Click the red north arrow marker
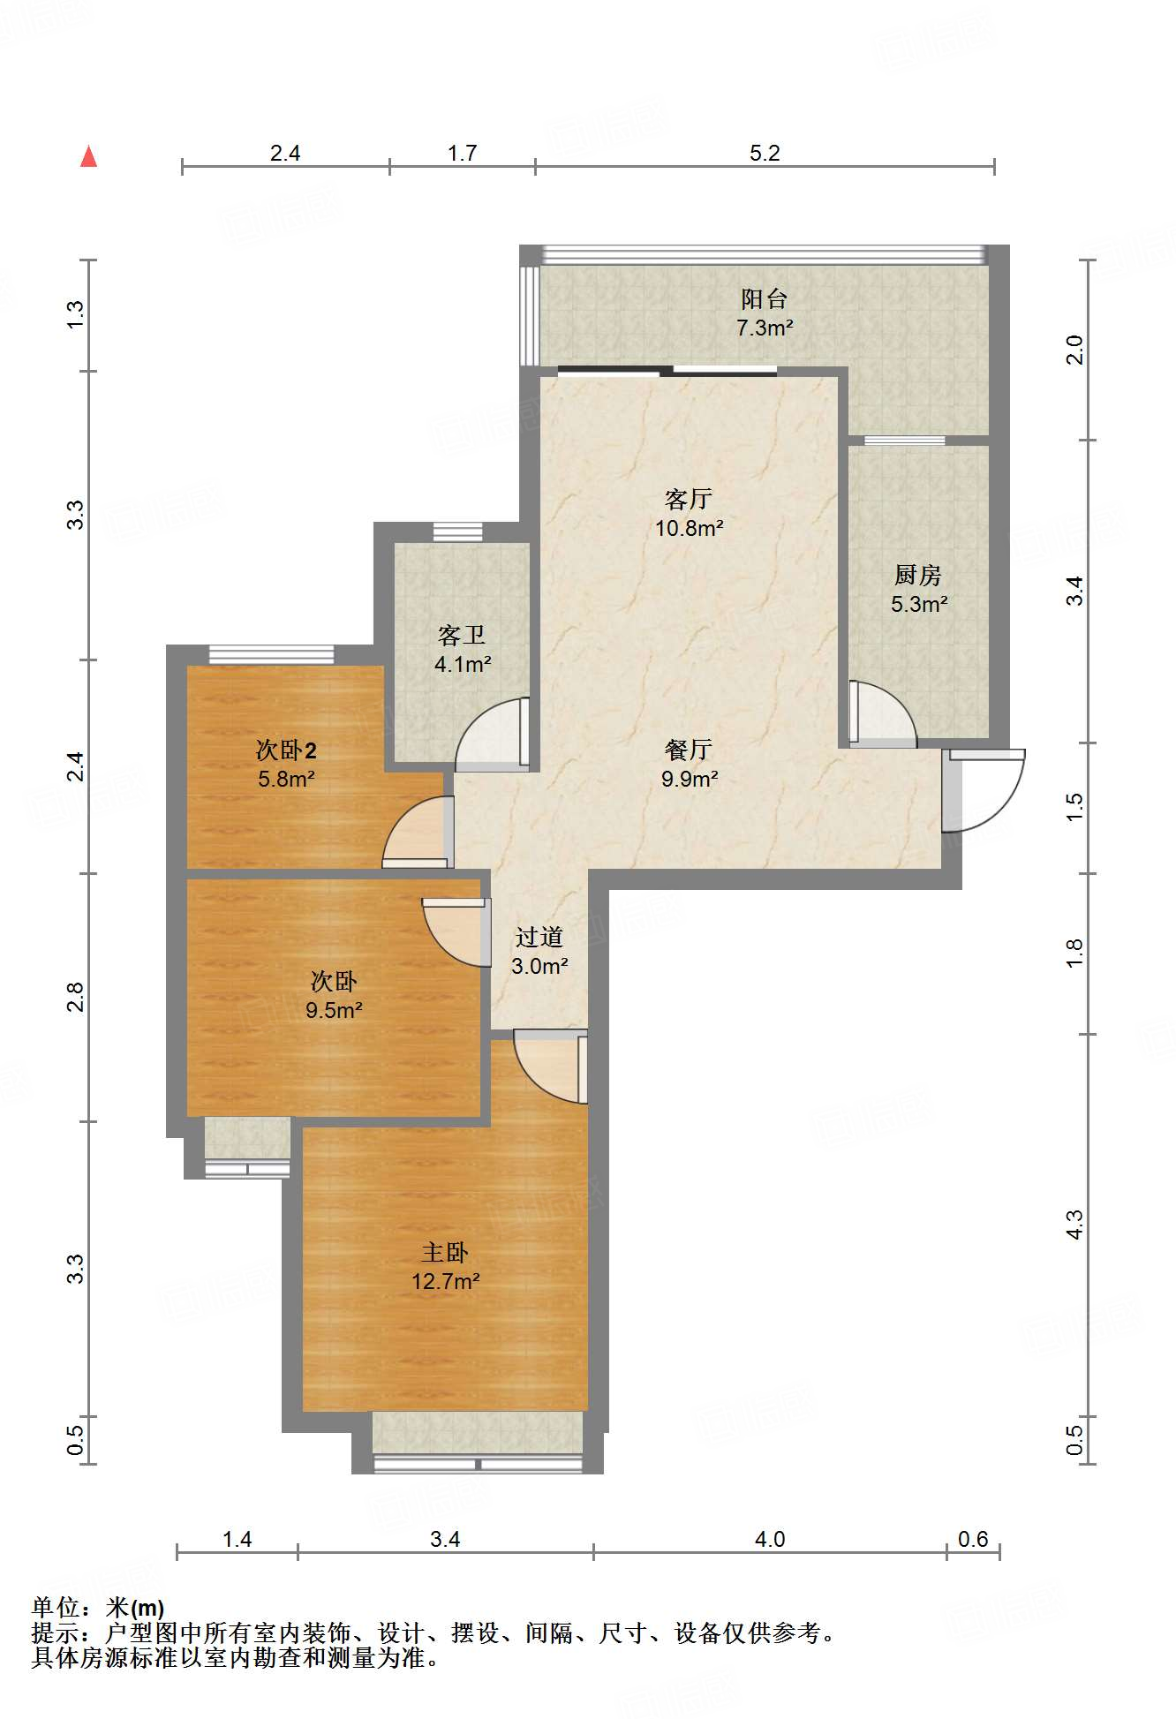tap(88, 156)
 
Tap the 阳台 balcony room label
tap(764, 298)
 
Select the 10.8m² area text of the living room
tap(689, 528)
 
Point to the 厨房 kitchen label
tap(917, 576)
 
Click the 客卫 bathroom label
tap(462, 636)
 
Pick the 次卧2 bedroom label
tap(286, 750)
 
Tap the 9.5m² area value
tap(334, 1011)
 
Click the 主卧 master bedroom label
tap(445, 1252)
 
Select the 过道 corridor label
tap(539, 937)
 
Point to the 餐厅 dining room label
tap(689, 750)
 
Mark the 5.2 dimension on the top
tap(765, 153)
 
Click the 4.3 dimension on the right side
tap(1074, 1224)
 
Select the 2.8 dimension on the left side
tap(76, 997)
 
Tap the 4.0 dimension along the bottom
tap(770, 1539)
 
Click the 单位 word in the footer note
tap(56, 1608)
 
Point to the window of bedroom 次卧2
tap(271, 654)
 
